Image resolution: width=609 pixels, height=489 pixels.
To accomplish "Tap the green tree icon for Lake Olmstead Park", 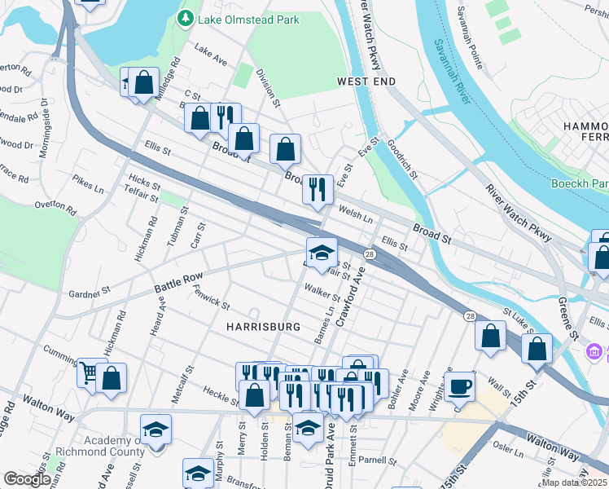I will click(x=186, y=16).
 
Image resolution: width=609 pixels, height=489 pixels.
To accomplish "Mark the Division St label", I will click(x=267, y=88).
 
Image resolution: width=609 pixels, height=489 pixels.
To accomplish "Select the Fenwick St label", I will click(x=211, y=301).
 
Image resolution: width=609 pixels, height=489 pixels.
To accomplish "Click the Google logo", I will click(x=28, y=479).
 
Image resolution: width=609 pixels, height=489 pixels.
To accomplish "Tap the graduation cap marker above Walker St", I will click(x=322, y=251).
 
